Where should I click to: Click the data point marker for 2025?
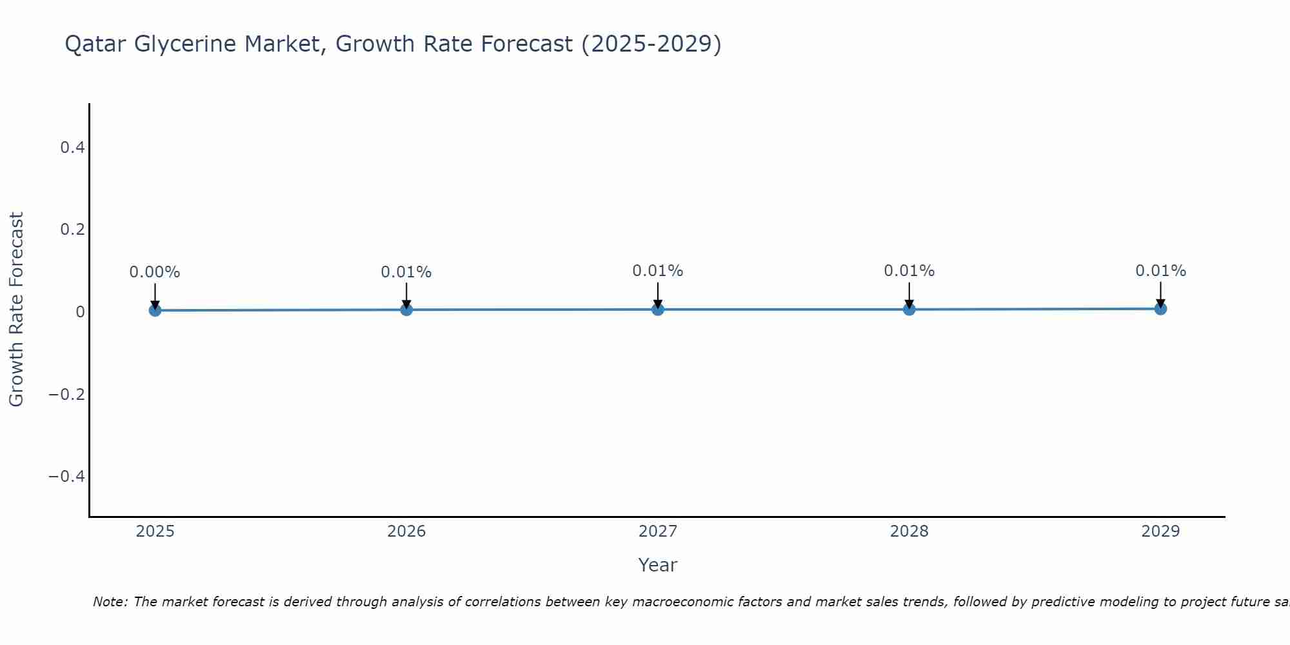tap(155, 310)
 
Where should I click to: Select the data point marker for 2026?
tap(406, 310)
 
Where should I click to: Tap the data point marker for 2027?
tap(658, 310)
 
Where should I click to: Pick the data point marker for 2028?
tap(909, 310)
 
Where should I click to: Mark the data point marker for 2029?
tap(1160, 309)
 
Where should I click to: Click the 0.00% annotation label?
tap(155, 272)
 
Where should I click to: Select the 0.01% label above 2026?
tap(406, 272)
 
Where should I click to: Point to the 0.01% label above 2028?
tap(909, 271)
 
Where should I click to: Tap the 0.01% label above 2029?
tap(1160, 271)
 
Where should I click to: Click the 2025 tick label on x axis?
tap(155, 531)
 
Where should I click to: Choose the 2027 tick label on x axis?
tap(658, 531)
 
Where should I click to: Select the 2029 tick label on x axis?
tap(1160, 531)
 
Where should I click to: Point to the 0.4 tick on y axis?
tap(72, 148)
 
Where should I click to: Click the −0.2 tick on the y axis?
tap(67, 394)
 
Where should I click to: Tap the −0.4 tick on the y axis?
tap(67, 476)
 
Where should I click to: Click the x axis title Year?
tap(657, 565)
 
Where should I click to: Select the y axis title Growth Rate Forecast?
tap(16, 310)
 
